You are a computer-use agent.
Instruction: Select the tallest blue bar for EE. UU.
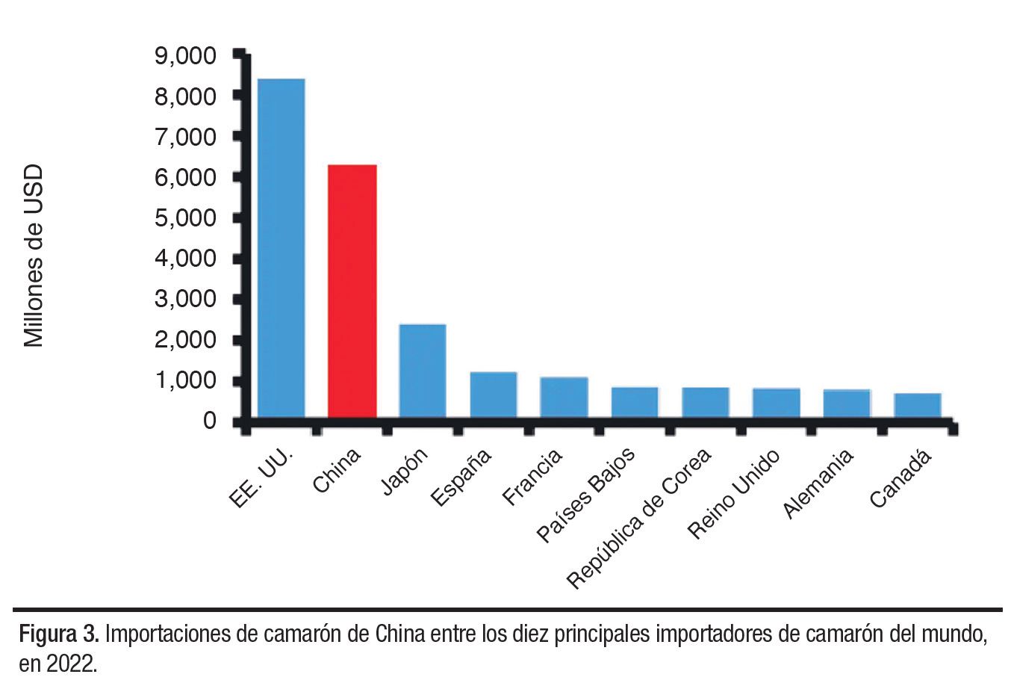click(x=281, y=247)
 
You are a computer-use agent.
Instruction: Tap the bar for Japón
click(x=423, y=370)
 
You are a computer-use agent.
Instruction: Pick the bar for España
click(x=494, y=394)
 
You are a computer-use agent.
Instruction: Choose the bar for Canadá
click(x=918, y=404)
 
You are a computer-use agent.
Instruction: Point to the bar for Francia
click(x=564, y=397)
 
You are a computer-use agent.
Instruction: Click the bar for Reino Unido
click(x=776, y=402)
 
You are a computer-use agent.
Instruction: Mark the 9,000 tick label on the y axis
click(x=185, y=56)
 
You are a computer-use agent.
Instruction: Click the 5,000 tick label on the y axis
click(x=185, y=218)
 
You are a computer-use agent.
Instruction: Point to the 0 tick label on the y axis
click(x=209, y=421)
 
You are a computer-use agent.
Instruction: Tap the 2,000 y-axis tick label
click(x=185, y=340)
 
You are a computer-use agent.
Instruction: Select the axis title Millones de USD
click(x=34, y=256)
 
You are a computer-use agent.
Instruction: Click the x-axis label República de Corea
click(x=638, y=519)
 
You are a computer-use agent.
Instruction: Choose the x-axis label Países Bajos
click(x=587, y=494)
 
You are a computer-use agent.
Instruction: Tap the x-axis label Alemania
click(x=818, y=483)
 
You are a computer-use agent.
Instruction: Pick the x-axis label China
click(x=337, y=470)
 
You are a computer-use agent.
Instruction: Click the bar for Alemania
click(x=847, y=403)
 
